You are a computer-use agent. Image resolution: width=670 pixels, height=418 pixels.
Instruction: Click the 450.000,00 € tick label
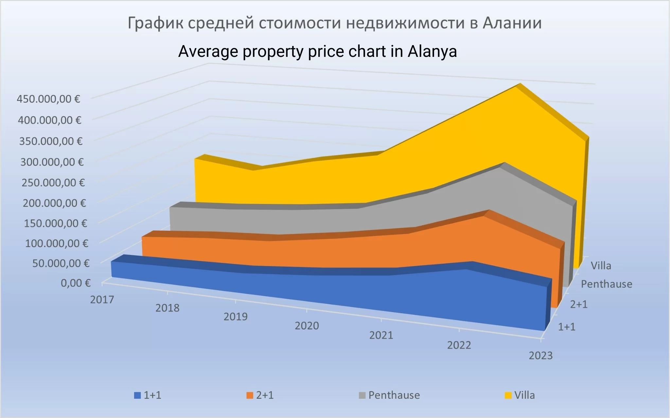click(48, 99)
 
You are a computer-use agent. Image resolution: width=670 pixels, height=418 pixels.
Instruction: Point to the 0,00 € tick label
click(76, 283)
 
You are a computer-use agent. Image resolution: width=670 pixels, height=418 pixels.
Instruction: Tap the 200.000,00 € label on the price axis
click(54, 203)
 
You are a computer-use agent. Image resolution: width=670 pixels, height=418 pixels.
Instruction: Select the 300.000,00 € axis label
click(52, 162)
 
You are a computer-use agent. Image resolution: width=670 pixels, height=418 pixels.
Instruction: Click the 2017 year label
click(102, 299)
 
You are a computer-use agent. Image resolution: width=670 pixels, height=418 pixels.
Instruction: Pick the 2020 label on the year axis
click(307, 326)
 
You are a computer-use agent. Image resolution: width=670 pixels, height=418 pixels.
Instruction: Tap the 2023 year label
click(540, 355)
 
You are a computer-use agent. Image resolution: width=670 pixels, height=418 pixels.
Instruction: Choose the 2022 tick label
click(459, 345)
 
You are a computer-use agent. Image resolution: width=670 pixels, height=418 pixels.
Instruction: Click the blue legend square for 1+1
click(137, 395)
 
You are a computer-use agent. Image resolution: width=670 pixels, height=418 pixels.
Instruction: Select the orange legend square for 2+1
click(250, 395)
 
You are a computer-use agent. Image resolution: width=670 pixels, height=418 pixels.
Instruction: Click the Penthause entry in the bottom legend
click(394, 395)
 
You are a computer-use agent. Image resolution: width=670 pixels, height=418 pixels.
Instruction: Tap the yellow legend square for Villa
click(508, 395)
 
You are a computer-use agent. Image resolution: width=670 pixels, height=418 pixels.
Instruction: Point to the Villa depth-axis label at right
click(601, 266)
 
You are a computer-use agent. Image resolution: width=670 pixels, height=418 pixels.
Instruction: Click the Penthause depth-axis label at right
click(607, 284)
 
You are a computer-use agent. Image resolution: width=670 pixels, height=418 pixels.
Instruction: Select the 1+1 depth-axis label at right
click(567, 326)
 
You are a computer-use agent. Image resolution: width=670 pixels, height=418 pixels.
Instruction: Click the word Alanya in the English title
click(432, 52)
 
